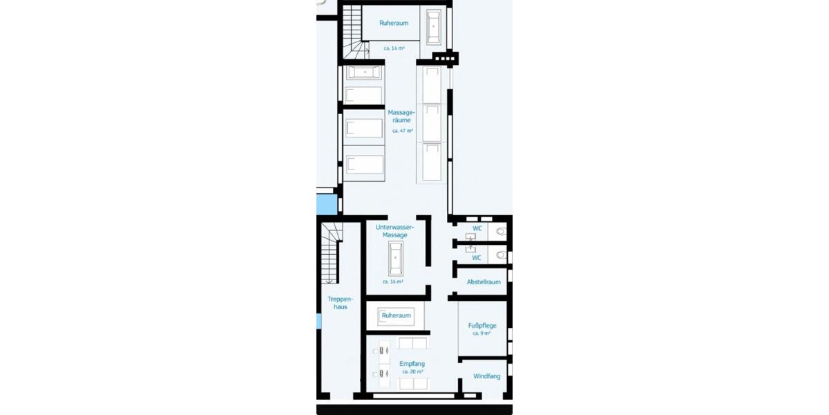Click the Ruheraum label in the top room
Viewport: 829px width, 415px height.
tap(394, 23)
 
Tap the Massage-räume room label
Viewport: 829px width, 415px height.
tap(401, 116)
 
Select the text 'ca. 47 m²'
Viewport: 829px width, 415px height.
tap(402, 131)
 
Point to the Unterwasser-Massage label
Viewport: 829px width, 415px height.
tap(394, 231)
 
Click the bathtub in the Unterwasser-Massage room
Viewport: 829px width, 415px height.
tap(395, 258)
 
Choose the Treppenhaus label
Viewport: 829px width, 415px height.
tap(340, 303)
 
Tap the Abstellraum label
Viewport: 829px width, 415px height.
tap(484, 282)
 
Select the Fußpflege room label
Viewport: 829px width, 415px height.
tap(482, 325)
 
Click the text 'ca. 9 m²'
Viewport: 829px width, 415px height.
tap(482, 333)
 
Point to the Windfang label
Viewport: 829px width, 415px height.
tap(486, 376)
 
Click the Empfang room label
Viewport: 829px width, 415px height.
tap(412, 364)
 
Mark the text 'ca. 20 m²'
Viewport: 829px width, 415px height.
tap(412, 372)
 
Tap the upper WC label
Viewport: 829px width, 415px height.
tap(477, 228)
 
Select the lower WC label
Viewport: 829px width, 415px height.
tap(477, 258)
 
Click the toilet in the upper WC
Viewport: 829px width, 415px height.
tap(502, 231)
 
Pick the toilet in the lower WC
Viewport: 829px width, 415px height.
tap(502, 256)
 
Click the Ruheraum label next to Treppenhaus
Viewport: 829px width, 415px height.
tap(396, 315)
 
